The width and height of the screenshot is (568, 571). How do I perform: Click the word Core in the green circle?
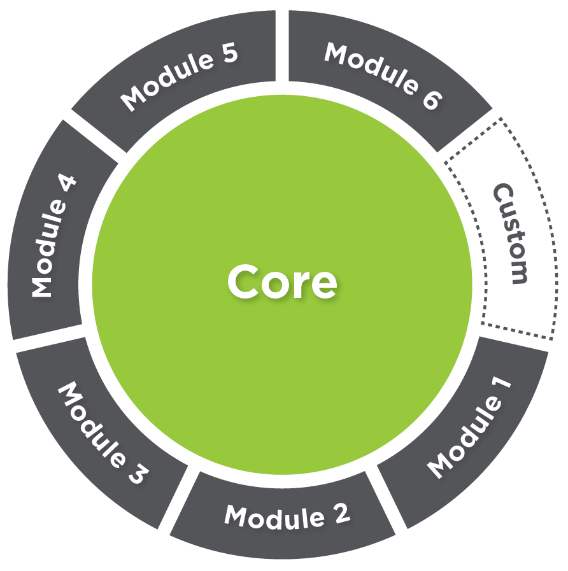click(x=282, y=282)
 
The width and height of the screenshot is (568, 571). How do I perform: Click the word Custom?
click(x=511, y=234)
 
